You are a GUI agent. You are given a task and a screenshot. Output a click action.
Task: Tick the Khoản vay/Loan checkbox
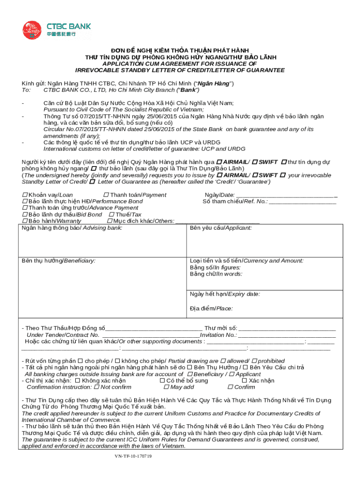point(25,195)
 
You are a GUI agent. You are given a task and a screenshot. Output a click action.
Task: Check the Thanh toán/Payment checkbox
point(106,195)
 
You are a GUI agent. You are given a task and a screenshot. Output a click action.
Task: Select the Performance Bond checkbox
point(25,201)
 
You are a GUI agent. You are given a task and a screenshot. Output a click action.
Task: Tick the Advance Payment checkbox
point(25,208)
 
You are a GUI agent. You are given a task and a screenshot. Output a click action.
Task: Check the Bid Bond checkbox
point(25,214)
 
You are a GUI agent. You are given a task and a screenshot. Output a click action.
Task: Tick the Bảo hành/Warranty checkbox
point(25,221)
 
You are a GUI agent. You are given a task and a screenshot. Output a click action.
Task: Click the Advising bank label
point(72,228)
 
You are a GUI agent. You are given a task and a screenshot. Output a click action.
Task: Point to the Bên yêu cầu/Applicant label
point(221,228)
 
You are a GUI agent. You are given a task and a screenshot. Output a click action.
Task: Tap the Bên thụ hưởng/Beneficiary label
point(58,261)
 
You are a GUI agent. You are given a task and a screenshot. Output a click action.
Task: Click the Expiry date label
point(225,294)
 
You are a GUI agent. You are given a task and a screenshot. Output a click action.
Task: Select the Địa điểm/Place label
point(211,308)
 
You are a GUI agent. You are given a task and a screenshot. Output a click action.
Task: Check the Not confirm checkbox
point(96,387)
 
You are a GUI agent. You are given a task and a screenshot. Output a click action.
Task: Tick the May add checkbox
point(166,387)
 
